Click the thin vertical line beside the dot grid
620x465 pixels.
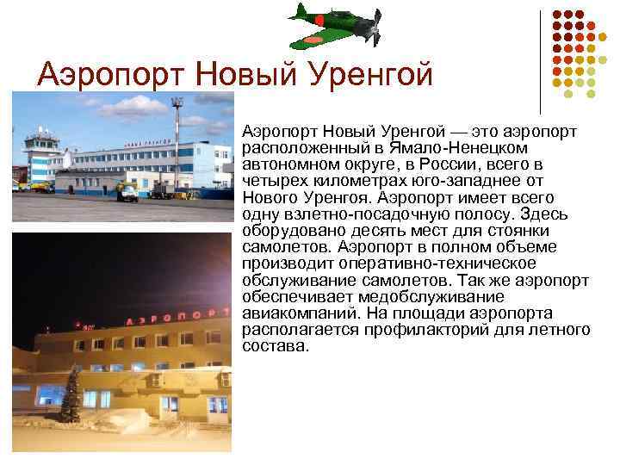(x=540, y=60)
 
